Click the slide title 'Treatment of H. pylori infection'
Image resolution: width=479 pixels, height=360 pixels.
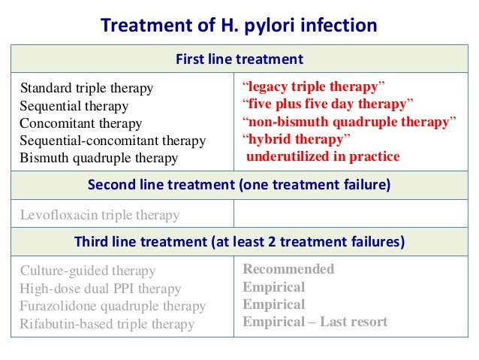(239, 26)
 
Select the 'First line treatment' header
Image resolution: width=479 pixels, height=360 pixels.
(239, 59)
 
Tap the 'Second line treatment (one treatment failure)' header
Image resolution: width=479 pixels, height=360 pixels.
(239, 185)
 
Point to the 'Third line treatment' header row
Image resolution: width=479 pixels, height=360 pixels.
(239, 242)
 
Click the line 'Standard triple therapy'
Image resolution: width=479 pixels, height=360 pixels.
(86, 89)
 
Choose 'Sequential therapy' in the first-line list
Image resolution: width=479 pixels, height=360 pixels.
(74, 106)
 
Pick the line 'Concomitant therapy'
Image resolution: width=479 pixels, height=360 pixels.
(80, 123)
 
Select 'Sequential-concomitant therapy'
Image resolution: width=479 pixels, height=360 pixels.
(113, 141)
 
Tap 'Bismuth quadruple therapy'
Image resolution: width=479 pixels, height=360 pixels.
(99, 158)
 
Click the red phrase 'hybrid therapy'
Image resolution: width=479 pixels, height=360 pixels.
(297, 139)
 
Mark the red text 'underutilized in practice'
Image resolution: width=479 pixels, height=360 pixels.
(323, 156)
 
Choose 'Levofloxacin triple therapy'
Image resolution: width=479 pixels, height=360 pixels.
(100, 215)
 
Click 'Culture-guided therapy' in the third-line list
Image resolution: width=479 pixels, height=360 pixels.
(88, 271)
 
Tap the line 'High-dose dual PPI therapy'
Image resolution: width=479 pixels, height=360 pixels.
(101, 289)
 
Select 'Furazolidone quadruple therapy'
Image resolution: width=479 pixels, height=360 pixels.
(113, 307)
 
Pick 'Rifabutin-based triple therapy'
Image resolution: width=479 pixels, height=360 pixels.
(107, 325)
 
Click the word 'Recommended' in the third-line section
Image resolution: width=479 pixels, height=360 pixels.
(288, 269)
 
